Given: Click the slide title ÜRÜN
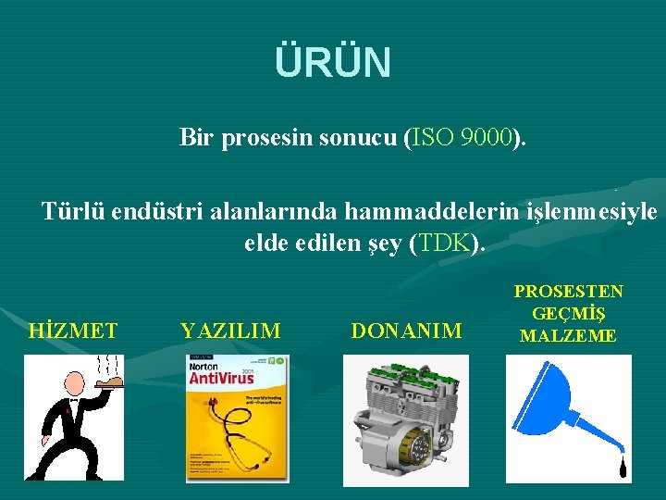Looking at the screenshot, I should [333, 63].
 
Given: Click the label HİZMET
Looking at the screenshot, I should [73, 331].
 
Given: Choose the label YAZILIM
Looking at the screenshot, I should [231, 331].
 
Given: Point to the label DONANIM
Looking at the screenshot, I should [406, 331].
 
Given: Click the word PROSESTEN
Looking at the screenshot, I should [568, 292].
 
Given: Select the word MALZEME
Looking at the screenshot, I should [568, 336].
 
